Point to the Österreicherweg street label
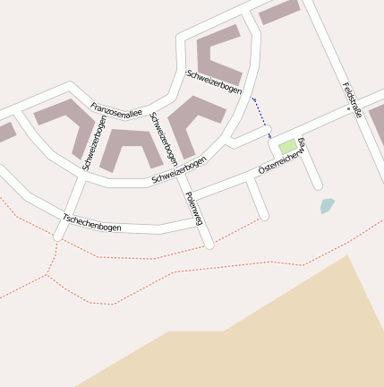pos(282,157)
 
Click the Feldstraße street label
pos(351,99)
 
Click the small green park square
pos(287,146)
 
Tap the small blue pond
pos(327,206)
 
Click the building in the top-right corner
pos(278,12)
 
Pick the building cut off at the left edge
pos(4,133)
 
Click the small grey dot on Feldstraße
pos(348,108)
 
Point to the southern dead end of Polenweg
pos(209,244)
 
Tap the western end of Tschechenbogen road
pos(58,236)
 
